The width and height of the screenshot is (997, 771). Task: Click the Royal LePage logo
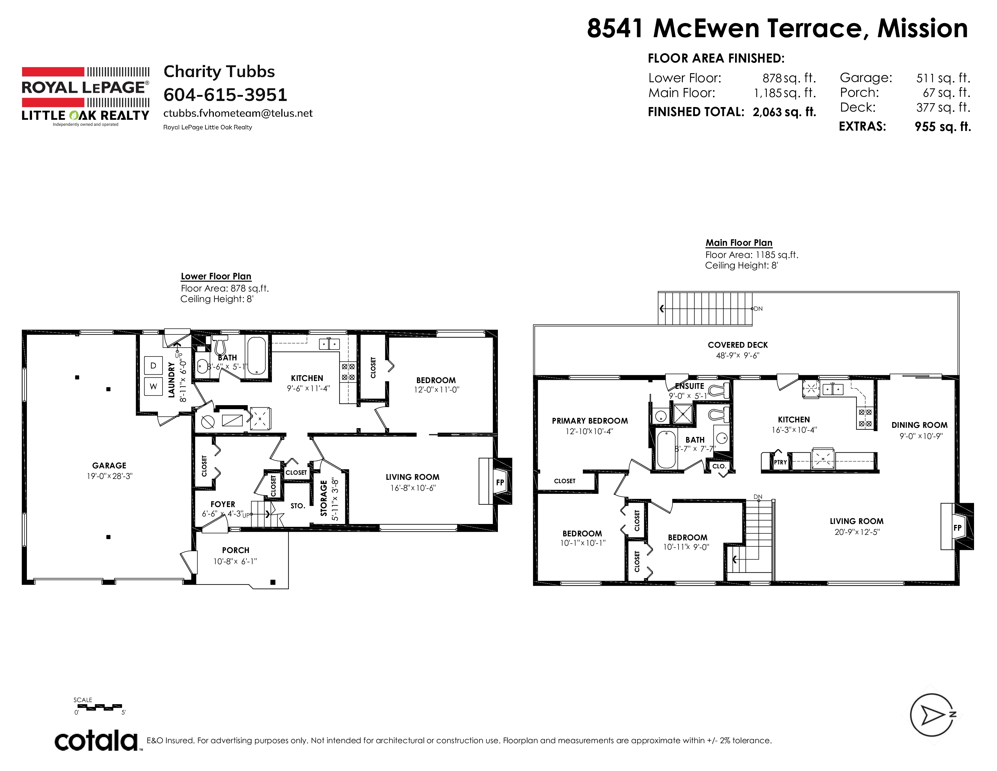click(86, 96)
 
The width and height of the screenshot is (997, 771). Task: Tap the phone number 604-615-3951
click(225, 95)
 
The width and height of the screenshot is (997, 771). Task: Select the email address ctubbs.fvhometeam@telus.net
click(238, 113)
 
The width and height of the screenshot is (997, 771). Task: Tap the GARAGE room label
click(109, 465)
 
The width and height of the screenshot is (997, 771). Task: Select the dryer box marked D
click(153, 366)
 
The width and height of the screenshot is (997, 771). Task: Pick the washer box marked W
click(153, 386)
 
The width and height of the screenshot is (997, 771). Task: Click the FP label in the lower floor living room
click(500, 482)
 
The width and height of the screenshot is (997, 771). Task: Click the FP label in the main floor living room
click(957, 528)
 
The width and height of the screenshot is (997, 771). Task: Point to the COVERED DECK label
click(738, 345)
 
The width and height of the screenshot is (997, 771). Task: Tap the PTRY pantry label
click(780, 462)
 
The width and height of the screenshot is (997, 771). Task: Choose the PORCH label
click(236, 550)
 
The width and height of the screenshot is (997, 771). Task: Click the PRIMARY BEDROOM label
click(590, 421)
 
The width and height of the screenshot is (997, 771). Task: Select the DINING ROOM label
click(919, 425)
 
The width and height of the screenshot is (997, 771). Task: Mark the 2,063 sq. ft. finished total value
click(784, 112)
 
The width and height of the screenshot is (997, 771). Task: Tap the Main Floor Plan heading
click(739, 242)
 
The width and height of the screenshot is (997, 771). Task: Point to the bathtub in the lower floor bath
click(256, 356)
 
